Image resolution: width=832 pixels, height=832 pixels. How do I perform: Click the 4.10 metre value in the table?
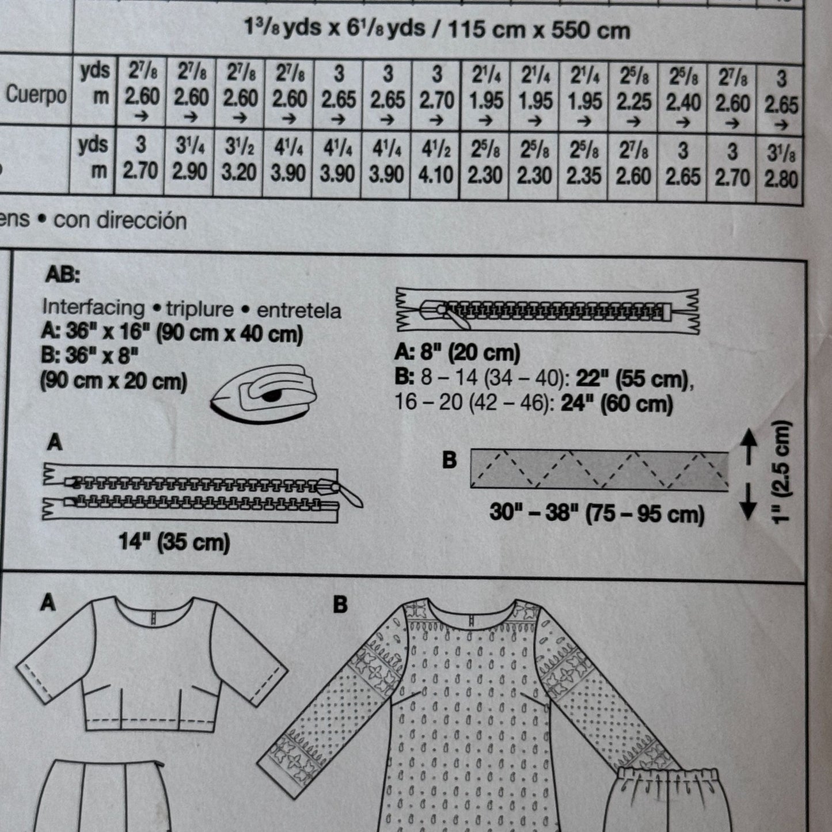coord(435,175)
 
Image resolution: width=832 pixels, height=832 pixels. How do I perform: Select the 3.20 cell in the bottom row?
coord(239,173)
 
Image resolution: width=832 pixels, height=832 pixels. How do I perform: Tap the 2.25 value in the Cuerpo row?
coord(633,102)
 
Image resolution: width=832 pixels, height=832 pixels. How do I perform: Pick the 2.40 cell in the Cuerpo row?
coord(683,102)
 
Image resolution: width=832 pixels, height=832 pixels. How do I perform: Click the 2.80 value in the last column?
coord(781,179)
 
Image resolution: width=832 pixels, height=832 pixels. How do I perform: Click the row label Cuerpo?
coord(36,94)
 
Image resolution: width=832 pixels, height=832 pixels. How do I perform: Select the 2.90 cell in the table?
coord(189,172)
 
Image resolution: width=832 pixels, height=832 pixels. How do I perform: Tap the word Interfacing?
coord(94,308)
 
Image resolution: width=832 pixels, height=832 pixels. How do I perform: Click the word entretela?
coord(299,311)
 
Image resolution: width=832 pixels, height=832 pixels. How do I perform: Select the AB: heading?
coord(63,275)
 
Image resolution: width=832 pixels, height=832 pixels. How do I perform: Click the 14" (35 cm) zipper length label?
coord(174,542)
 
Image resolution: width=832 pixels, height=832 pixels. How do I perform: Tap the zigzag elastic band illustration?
coord(599,469)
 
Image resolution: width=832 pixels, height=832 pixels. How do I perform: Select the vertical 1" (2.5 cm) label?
coord(781,472)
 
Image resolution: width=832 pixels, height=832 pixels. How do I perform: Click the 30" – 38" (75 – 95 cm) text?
coord(597,514)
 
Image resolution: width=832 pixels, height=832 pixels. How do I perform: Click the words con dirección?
coord(120,221)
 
